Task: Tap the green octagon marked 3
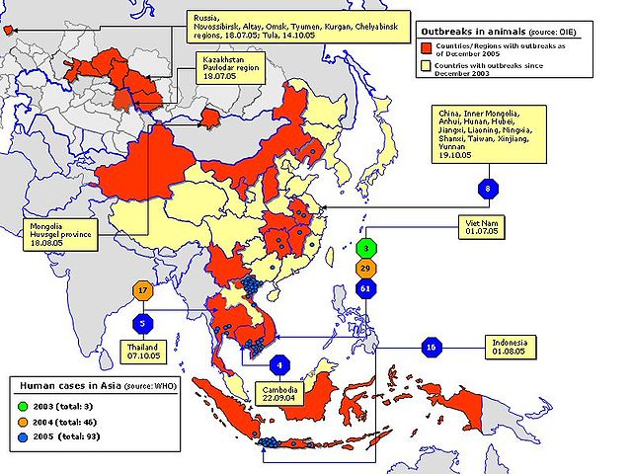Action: (x=366, y=248)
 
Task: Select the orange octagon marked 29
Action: (x=366, y=268)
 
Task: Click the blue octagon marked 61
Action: (x=366, y=288)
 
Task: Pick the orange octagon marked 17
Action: (x=143, y=291)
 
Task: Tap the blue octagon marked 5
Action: (x=143, y=322)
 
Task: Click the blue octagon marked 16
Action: (x=430, y=348)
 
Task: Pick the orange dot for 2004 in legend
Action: (x=21, y=420)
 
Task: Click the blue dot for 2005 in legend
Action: (x=21, y=435)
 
